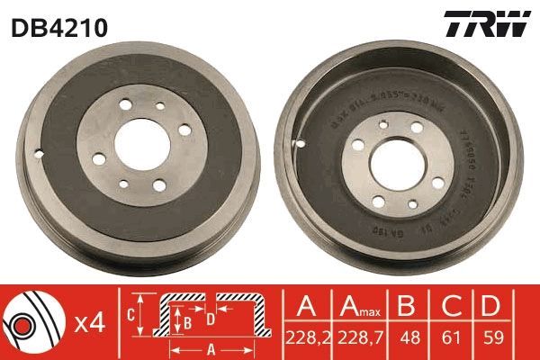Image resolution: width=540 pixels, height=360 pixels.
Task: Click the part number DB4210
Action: point(59,27)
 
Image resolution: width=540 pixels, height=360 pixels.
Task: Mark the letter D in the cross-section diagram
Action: point(210,318)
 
